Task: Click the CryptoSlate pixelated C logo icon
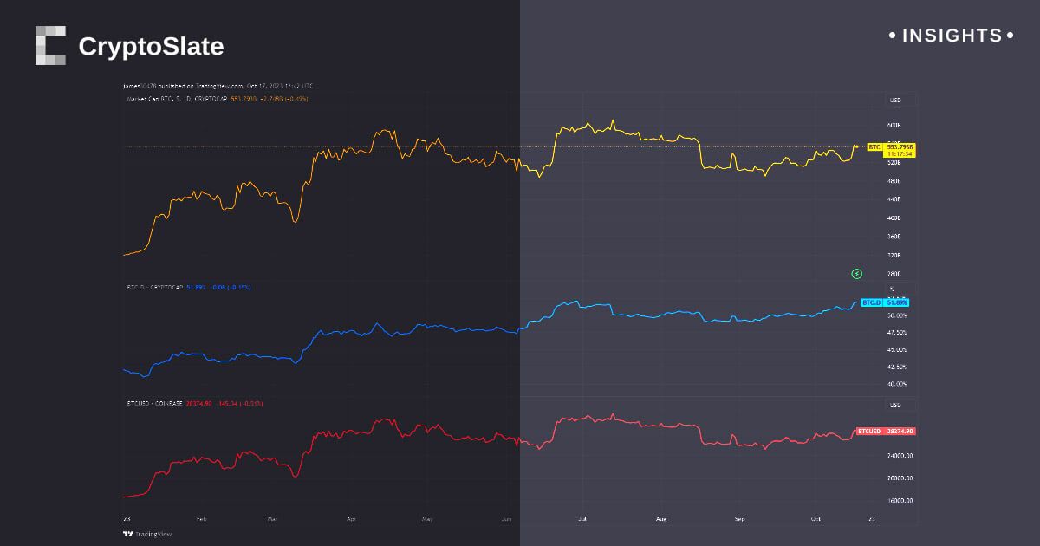point(50,45)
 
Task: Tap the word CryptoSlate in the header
point(151,47)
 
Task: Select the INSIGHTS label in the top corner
point(952,36)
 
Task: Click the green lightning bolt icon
point(857,274)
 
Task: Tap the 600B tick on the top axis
point(895,125)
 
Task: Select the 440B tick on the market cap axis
point(895,199)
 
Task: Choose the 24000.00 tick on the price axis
point(899,455)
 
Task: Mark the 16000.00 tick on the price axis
point(899,500)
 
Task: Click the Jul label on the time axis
point(582,518)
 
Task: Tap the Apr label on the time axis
point(351,518)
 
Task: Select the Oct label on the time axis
point(816,518)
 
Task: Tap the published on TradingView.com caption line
point(217,87)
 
